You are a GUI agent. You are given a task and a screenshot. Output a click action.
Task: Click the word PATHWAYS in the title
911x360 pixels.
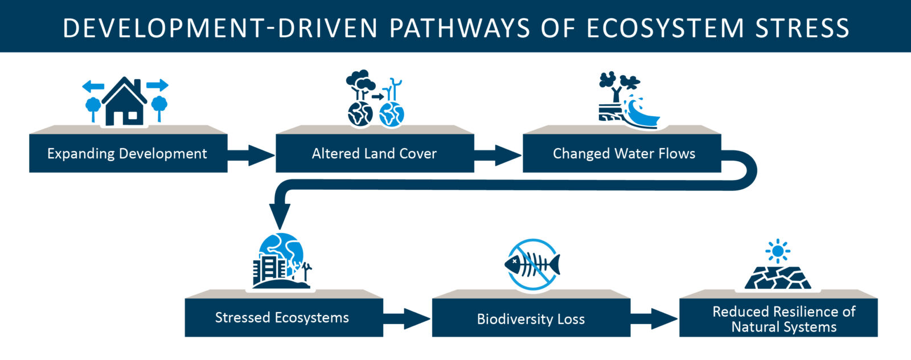[459, 28]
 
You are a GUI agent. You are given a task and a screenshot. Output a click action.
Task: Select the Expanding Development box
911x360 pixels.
[128, 153]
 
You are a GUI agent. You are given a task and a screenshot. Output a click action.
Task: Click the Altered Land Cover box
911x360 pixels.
[375, 153]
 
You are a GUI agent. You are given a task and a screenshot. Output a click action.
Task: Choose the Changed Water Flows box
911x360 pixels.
[622, 153]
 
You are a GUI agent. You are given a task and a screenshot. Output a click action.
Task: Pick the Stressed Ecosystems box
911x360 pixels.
[284, 317]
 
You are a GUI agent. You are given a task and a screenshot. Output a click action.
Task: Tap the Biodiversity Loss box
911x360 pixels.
[531, 317]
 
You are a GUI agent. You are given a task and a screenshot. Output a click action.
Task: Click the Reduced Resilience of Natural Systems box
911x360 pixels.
[778, 317]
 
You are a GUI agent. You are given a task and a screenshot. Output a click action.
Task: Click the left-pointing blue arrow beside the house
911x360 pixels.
[93, 86]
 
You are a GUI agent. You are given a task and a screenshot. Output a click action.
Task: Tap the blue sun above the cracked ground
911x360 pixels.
[778, 251]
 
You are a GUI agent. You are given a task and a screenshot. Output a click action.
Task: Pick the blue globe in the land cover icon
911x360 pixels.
[392, 114]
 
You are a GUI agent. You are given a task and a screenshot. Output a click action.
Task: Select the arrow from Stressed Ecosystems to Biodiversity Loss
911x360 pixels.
[407, 319]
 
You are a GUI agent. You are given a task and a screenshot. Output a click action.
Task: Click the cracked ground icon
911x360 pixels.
[778, 278]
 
